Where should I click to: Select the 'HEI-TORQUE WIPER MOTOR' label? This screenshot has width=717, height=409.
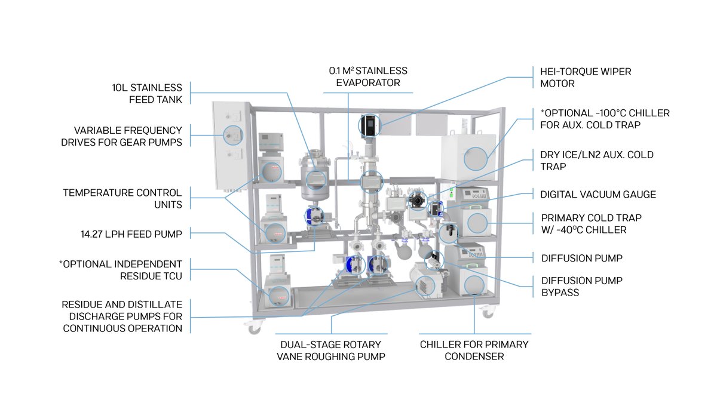coord(581,78)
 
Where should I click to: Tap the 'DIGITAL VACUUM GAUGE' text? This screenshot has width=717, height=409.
coord(597,194)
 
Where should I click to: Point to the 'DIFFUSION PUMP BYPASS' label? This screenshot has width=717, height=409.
coord(582,287)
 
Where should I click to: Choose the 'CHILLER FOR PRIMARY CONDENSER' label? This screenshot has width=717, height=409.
coord(474,350)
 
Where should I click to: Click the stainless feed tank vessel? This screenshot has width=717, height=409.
coord(315,176)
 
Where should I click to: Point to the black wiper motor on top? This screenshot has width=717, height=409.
coord(368,125)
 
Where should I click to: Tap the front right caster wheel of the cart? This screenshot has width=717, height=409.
coord(489,312)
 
